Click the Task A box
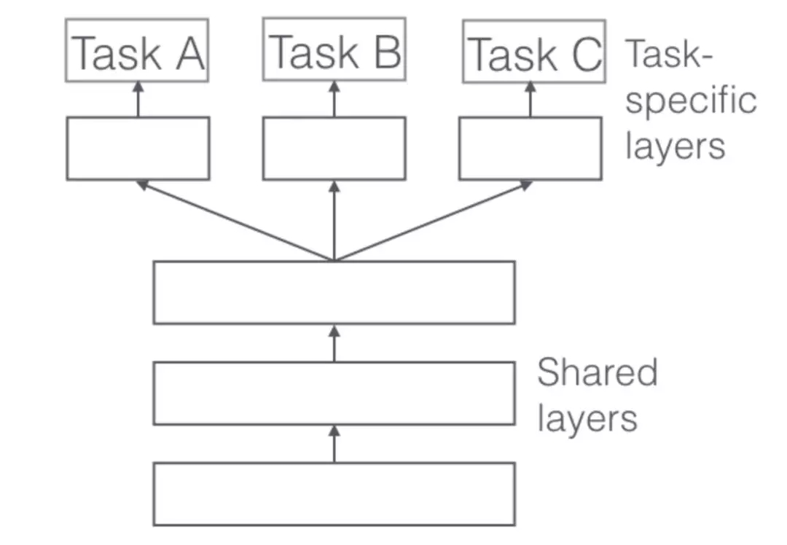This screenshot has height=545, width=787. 137,50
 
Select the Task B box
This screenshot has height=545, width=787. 334,50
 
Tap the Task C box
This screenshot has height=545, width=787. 533,52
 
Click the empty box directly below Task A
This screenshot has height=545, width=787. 138,148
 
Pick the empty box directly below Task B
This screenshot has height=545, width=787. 334,148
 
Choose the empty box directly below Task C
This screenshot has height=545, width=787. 530,148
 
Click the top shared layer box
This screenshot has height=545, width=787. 334,292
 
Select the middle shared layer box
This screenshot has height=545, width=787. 334,393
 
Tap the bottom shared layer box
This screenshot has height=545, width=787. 334,493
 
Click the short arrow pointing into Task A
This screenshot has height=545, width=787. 138,99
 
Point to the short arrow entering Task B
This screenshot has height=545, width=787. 334,99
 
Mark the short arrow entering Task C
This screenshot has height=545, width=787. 530,99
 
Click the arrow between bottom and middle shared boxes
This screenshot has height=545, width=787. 334,443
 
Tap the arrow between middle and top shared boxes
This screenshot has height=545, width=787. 334,342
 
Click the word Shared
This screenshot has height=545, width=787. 597,372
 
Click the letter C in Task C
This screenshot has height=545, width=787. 585,54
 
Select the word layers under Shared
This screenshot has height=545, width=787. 587,418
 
